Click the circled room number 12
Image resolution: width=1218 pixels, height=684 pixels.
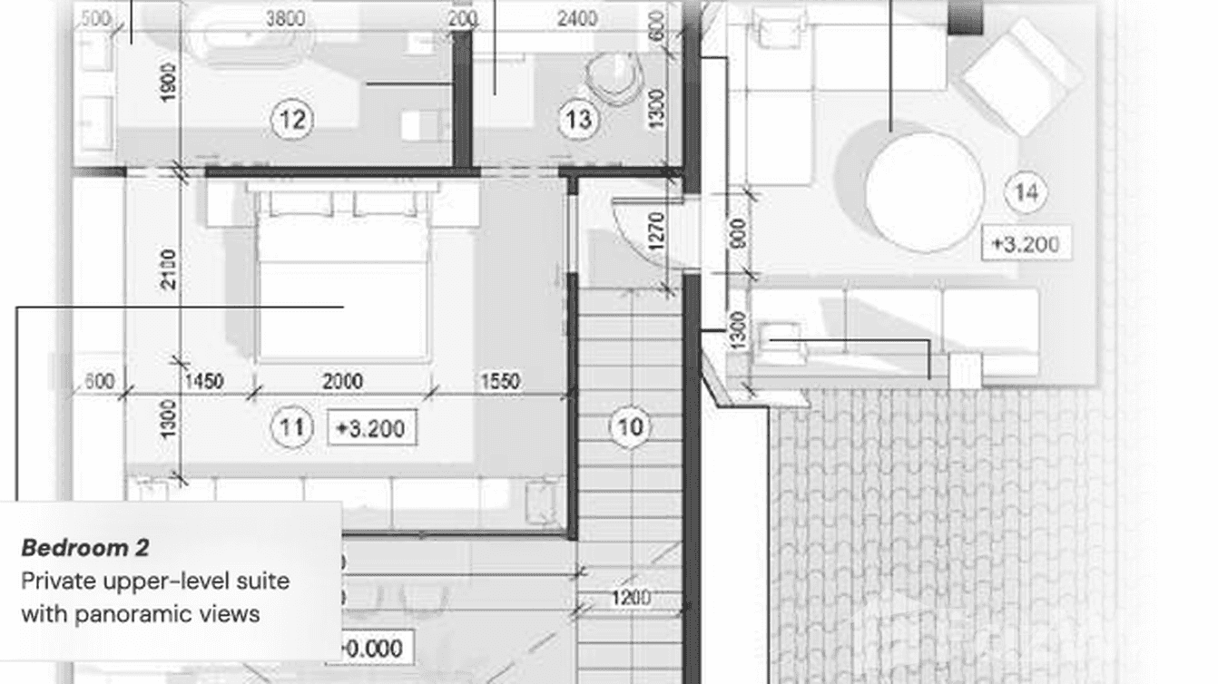(x=292, y=119)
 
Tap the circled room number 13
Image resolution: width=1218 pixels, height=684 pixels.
(x=578, y=119)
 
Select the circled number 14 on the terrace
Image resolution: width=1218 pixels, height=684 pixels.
(x=1026, y=192)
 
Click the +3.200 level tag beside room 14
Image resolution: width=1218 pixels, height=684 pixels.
(x=1026, y=244)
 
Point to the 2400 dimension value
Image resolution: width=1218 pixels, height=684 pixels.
(x=577, y=18)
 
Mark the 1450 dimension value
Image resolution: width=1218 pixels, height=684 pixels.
(x=203, y=381)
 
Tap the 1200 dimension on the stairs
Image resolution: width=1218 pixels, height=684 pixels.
(x=630, y=598)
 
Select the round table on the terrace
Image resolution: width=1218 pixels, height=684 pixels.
(x=924, y=192)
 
